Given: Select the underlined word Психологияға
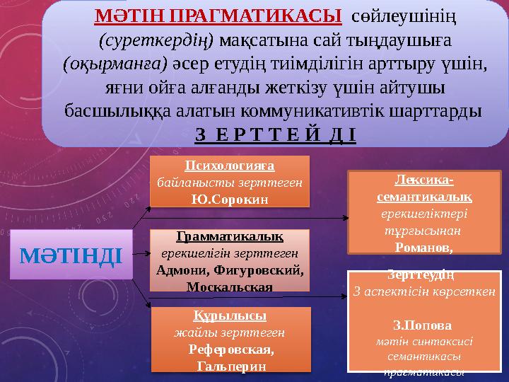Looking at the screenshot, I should click(x=230, y=166).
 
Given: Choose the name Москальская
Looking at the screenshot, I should click(x=230, y=287).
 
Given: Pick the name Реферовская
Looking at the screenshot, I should click(x=230, y=349).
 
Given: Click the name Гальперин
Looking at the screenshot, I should click(x=230, y=365).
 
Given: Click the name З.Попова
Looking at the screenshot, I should click(x=421, y=326).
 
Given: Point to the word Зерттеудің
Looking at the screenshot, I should click(x=421, y=274).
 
